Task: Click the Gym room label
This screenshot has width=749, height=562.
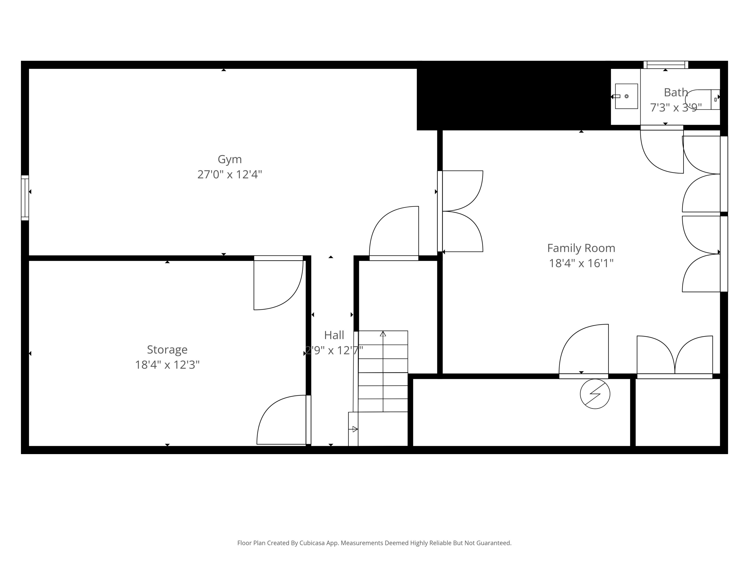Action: pos(230,159)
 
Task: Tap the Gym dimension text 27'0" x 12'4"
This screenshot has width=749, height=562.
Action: pos(230,174)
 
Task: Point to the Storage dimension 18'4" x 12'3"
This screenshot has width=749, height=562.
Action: pos(167,364)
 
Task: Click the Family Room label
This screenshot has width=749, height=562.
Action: pos(581,248)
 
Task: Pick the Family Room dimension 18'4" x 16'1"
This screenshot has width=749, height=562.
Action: pos(581,263)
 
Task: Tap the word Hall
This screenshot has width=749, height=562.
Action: pos(334,335)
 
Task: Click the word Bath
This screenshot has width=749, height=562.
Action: pos(676,92)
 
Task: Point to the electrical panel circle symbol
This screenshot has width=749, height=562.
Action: pos(595,394)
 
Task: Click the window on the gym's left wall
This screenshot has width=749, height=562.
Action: pos(25,198)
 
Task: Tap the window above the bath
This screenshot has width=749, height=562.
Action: pos(666,64)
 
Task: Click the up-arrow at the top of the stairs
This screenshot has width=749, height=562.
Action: pos(383,334)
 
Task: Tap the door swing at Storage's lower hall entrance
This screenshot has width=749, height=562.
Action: pos(283,420)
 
